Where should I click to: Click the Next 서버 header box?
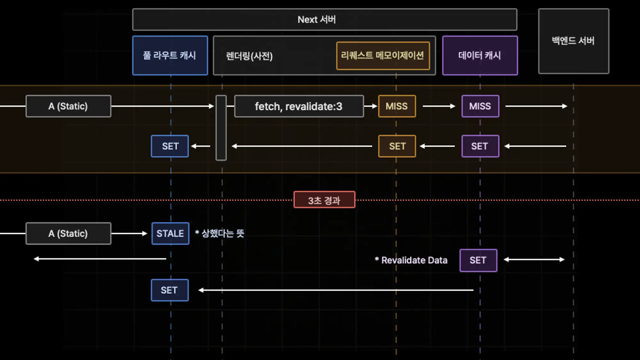(324, 20)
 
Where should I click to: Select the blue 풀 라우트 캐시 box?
(170, 55)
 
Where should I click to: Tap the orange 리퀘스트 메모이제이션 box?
(383, 56)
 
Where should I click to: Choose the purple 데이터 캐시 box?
(480, 55)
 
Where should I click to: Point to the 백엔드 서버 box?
(573, 41)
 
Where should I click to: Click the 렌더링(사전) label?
(249, 56)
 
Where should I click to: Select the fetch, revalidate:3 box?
(299, 106)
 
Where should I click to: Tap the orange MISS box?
(397, 106)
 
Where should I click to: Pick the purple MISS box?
(480, 106)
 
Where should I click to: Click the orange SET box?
(397, 146)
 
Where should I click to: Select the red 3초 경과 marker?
(324, 200)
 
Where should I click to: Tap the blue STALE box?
(170, 234)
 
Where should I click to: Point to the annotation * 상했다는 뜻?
(220, 233)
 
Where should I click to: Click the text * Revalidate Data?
(411, 260)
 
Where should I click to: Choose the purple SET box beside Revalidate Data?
(478, 260)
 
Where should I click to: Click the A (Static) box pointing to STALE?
(68, 234)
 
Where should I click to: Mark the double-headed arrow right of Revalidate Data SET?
(534, 260)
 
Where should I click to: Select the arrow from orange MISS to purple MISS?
(439, 106)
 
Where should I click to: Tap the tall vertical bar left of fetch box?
(221, 128)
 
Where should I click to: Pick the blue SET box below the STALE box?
(170, 290)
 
